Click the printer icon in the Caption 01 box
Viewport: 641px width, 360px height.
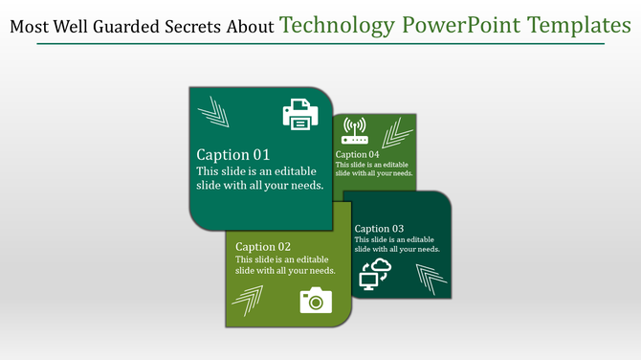[299, 115]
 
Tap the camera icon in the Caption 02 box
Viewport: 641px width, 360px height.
[316, 300]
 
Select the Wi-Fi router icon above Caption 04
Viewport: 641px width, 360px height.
[354, 131]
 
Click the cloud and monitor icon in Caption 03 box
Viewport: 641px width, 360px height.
[375, 274]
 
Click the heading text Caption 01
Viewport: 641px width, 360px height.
[232, 154]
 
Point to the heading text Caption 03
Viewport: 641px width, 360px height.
[379, 229]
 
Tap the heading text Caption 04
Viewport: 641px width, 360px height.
[357, 154]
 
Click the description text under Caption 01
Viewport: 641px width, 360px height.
[259, 178]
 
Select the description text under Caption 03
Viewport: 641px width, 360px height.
[397, 244]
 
